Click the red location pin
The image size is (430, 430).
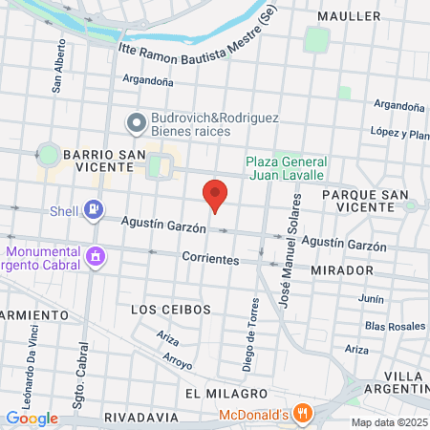216,195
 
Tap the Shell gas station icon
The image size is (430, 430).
93,208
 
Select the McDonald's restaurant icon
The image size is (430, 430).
304,414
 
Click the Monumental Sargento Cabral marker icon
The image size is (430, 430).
94,256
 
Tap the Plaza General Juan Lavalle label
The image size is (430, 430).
286,168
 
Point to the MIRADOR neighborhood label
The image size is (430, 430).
341,270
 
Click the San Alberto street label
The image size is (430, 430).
59,65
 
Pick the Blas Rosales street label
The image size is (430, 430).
395,326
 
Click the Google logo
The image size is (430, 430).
32,418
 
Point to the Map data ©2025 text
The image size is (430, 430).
388,422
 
